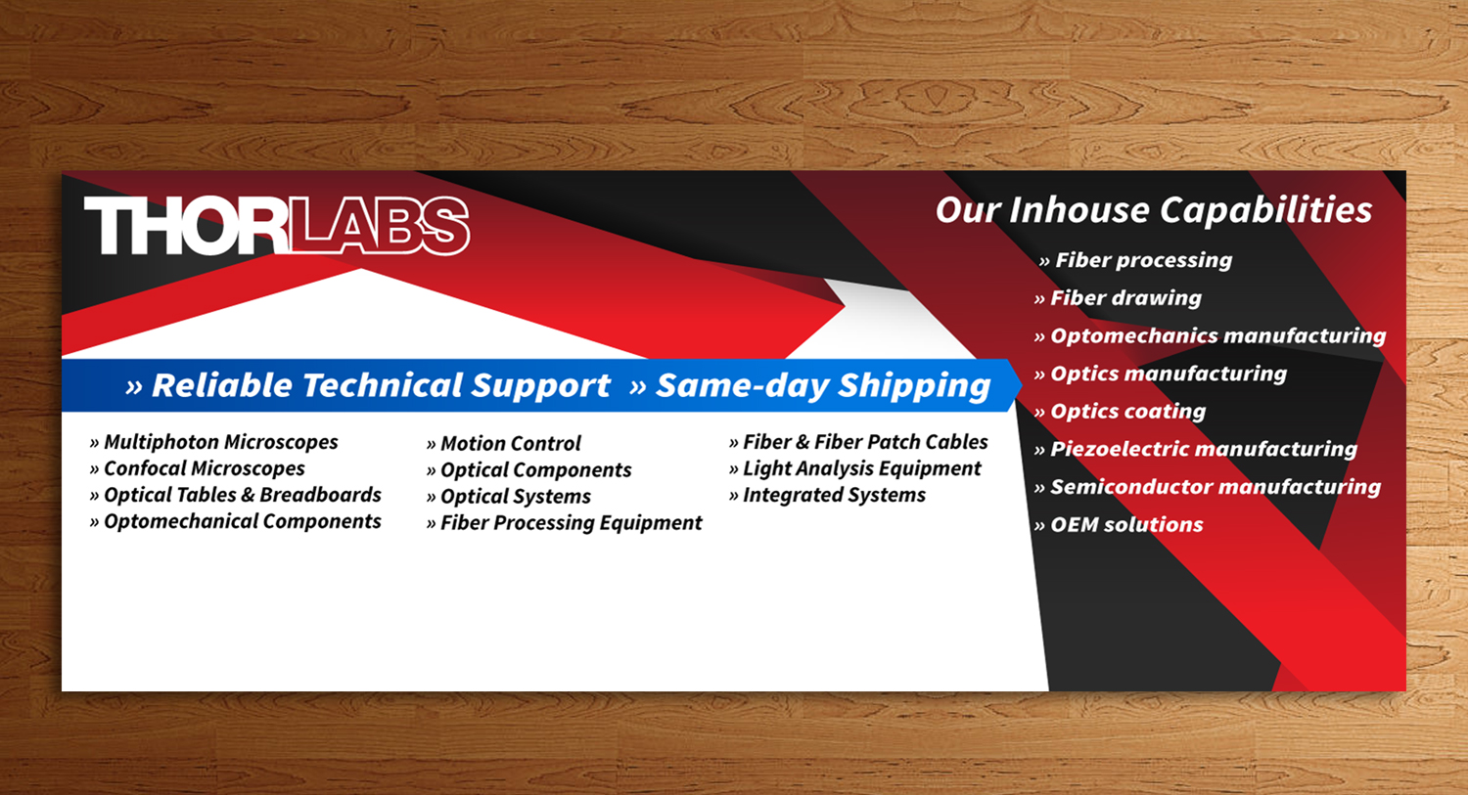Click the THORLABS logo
click(x=276, y=227)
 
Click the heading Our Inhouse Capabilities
click(x=1153, y=210)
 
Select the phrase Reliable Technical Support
click(x=381, y=386)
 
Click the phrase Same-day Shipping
click(x=822, y=386)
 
